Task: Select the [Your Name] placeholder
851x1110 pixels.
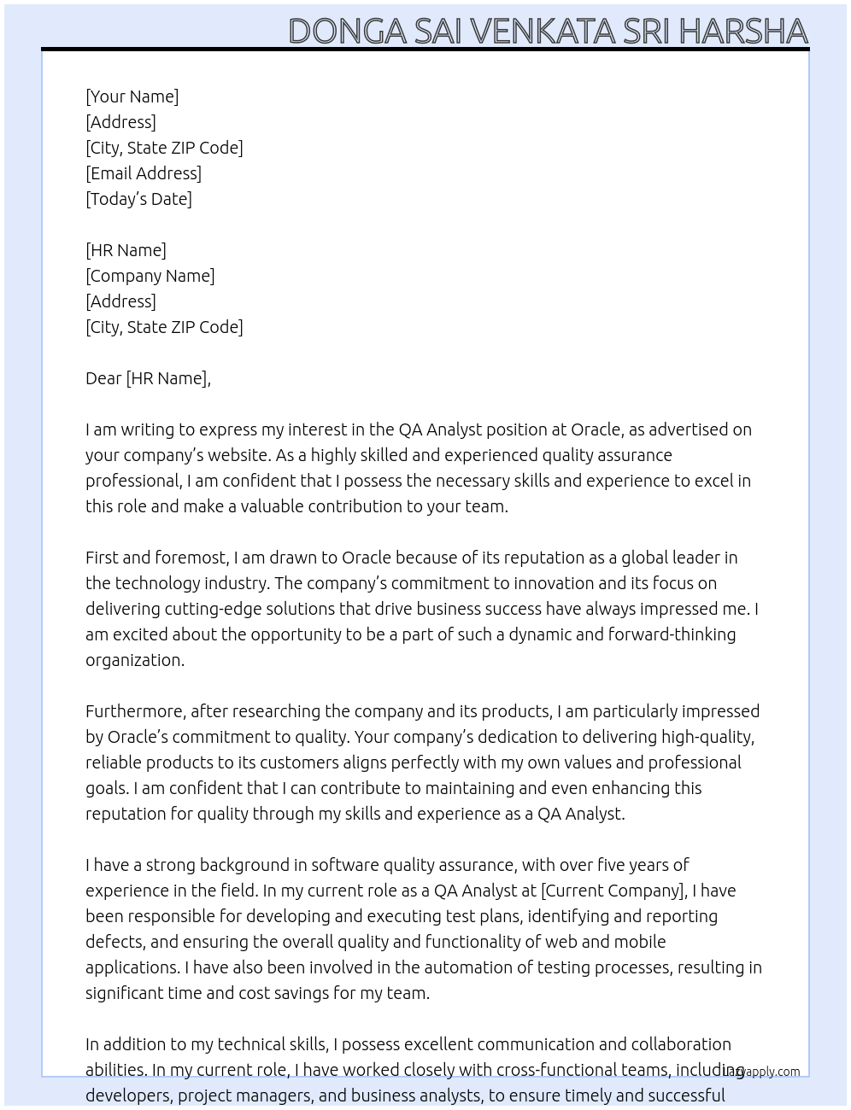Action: tap(132, 96)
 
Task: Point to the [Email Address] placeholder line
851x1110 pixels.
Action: tap(144, 173)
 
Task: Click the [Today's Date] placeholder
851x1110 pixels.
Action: tap(138, 199)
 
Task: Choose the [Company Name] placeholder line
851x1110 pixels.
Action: tap(150, 276)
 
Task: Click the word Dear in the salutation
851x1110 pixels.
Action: tap(103, 378)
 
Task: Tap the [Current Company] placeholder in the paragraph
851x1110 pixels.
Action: tap(613, 891)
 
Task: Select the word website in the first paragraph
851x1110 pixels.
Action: tap(238, 455)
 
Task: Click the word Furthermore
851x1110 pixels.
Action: tap(135, 711)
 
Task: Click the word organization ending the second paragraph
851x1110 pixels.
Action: tap(134, 660)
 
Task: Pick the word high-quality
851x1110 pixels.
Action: tap(707, 737)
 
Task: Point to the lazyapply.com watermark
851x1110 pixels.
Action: tap(761, 1072)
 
